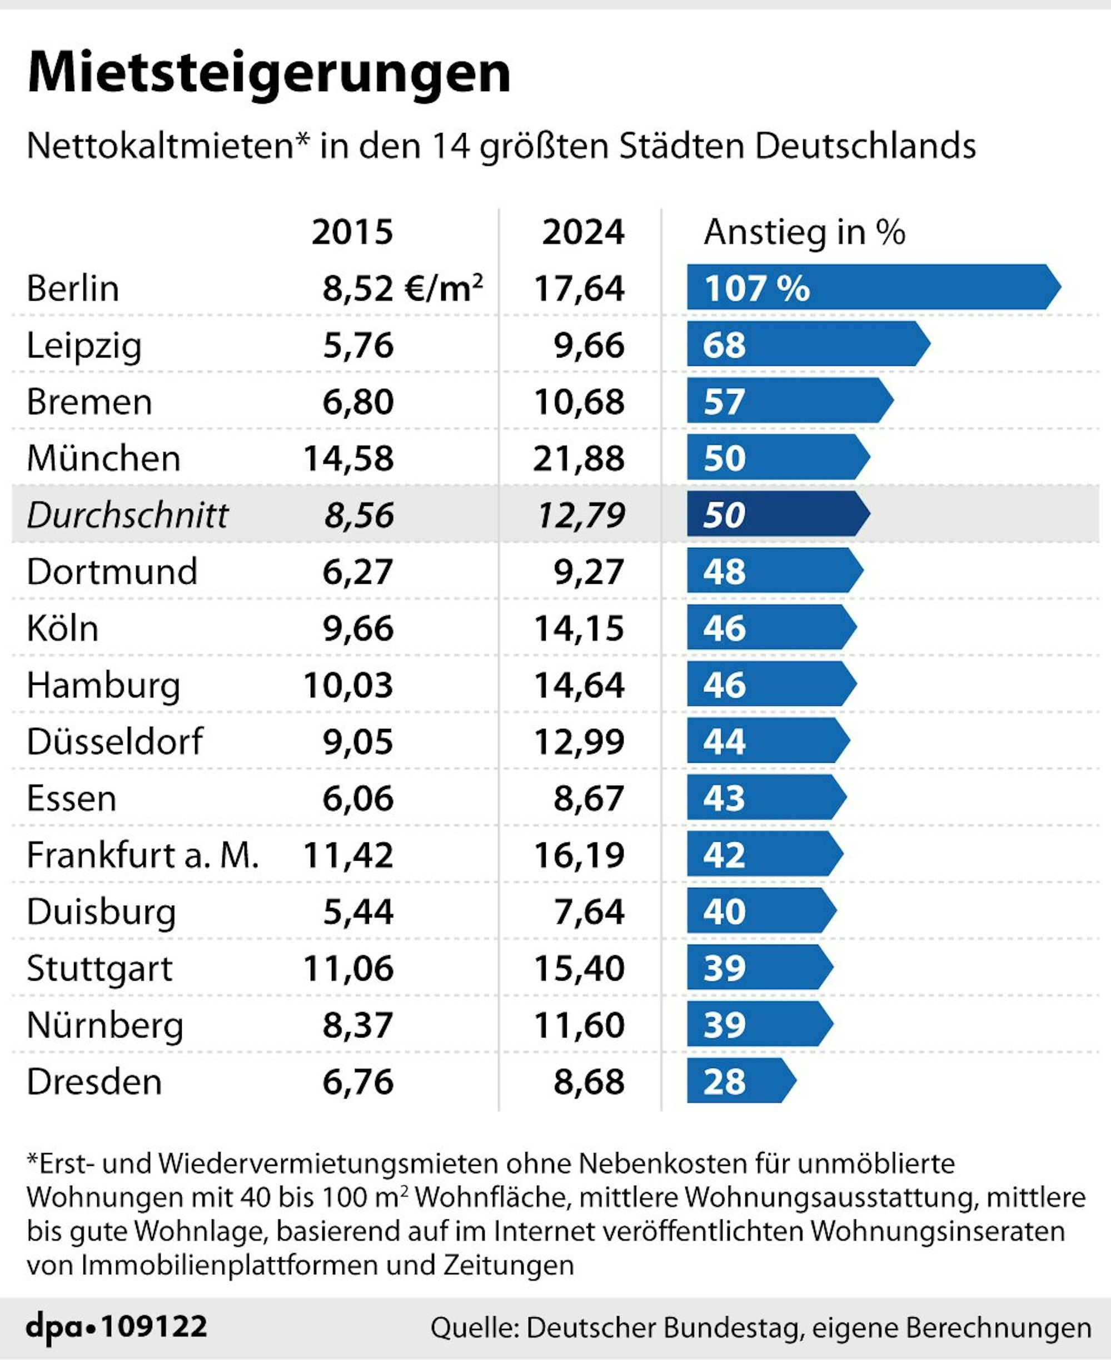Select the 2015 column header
coord(352,232)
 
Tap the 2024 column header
coord(582,232)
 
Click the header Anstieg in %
coord(804,232)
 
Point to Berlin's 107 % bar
coord(870,287)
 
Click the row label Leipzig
coord(84,346)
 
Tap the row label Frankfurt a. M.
coord(142,855)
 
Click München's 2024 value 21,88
coord(579,459)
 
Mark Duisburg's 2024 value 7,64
coord(589,911)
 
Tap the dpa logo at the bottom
coord(54,1327)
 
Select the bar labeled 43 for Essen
coord(765,797)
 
